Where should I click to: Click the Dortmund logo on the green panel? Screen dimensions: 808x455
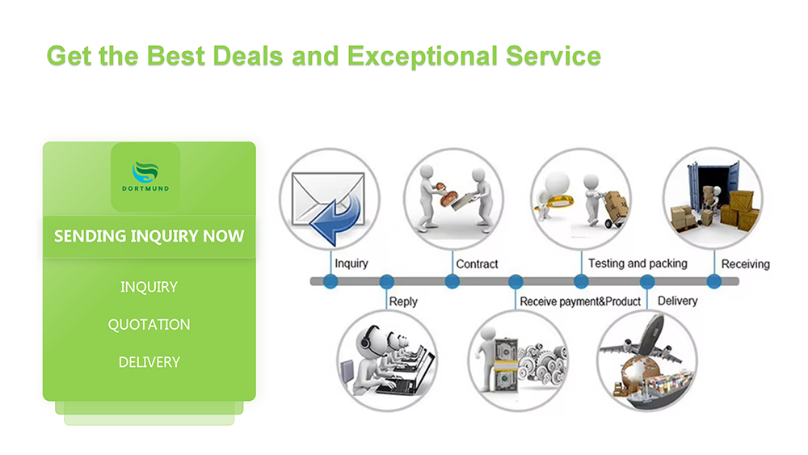coord(145,176)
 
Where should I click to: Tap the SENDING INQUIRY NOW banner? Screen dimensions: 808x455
coord(149,237)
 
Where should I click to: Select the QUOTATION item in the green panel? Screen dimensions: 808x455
coord(149,325)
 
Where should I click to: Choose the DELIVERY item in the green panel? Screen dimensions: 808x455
coord(149,362)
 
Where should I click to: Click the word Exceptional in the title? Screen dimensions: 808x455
coord(423,56)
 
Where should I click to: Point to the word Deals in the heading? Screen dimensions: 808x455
coord(248,56)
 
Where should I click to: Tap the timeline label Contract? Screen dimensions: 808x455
coord(478,264)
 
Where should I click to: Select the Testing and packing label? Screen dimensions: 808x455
coord(638,263)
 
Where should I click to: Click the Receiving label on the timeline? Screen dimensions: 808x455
coord(746,264)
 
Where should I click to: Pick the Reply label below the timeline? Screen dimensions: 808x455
coord(403,301)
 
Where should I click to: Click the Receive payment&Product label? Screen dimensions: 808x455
coord(580,301)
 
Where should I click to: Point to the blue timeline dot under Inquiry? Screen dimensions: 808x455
coord(330,281)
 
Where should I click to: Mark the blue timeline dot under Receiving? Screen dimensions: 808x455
coord(714,281)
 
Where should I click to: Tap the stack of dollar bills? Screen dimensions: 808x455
coord(505,364)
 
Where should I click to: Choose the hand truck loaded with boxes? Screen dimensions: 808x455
coord(614,209)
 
